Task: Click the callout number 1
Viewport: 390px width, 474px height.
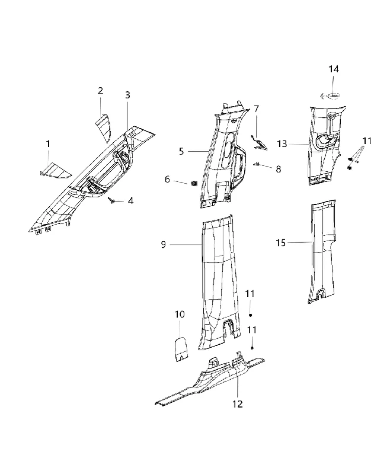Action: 48,144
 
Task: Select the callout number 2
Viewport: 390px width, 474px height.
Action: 100,91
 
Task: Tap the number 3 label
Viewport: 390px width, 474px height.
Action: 127,95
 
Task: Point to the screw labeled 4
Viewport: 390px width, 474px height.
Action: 111,200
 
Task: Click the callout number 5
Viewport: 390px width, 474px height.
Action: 181,151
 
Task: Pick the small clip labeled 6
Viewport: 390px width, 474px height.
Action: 194,183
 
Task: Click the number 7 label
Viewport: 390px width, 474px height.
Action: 257,109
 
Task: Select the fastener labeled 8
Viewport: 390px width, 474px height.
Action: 257,164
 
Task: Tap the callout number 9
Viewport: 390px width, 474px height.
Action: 163,244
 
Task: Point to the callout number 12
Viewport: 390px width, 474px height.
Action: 238,404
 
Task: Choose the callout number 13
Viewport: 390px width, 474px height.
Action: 282,144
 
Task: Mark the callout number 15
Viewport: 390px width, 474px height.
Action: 280,242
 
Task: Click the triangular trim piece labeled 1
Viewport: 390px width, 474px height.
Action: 56,169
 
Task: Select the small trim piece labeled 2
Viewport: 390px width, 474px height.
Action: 104,127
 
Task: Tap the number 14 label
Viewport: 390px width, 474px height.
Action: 334,69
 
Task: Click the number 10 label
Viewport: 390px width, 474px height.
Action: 180,315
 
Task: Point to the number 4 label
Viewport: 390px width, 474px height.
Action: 130,201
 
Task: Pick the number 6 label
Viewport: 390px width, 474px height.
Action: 168,180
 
